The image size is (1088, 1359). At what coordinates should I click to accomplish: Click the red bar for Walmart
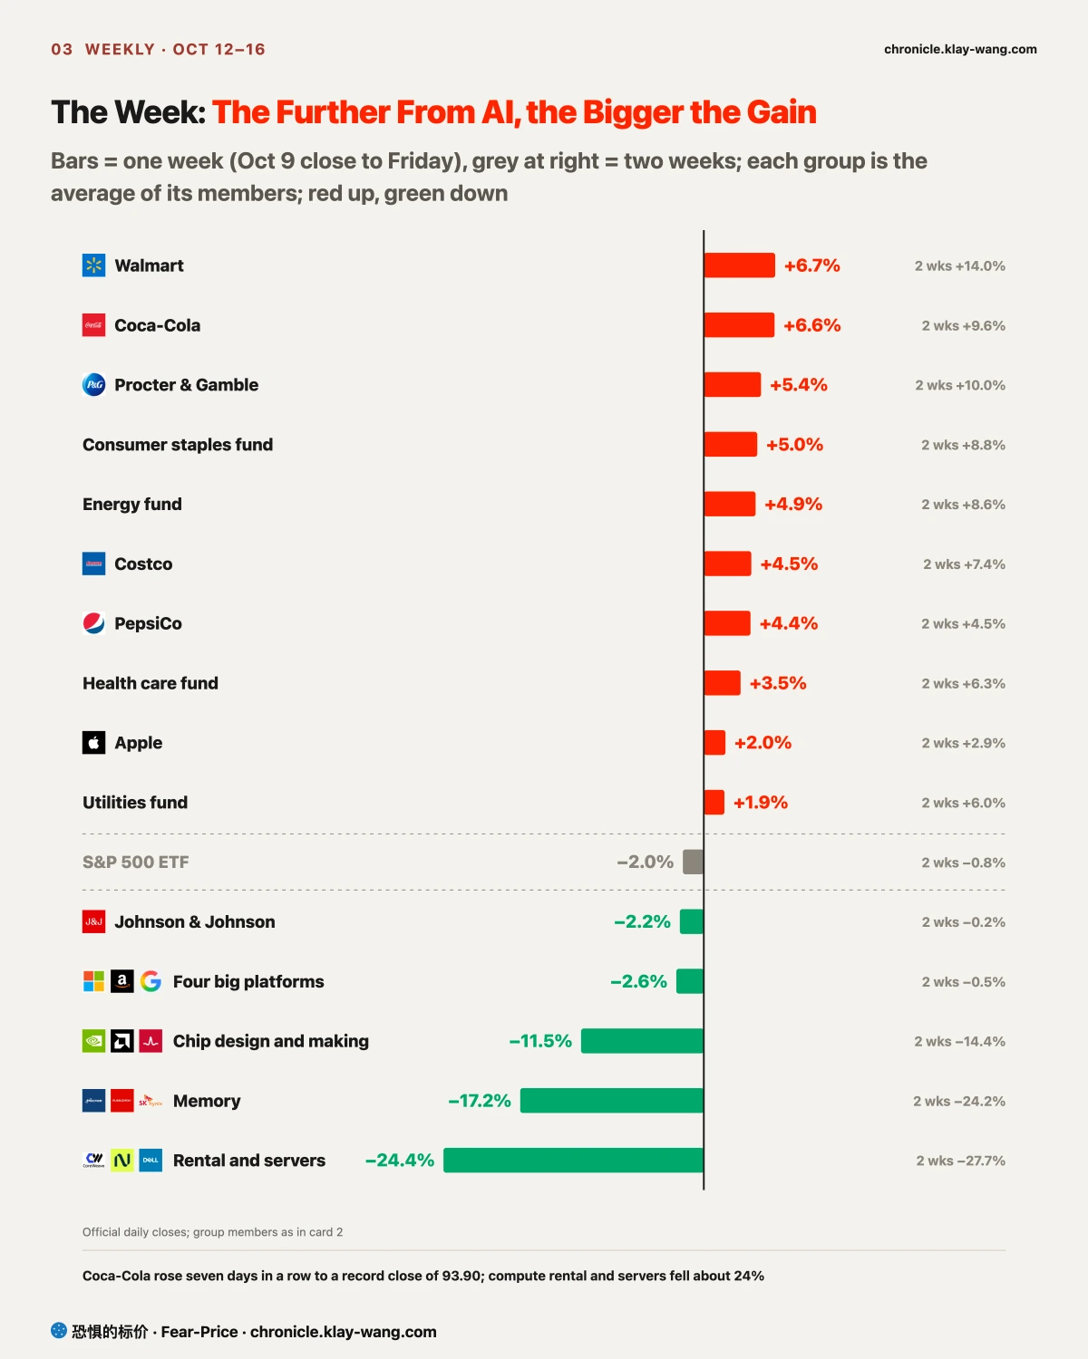(739, 265)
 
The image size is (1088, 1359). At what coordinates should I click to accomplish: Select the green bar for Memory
(611, 1100)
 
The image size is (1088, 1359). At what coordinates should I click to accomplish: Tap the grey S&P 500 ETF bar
(693, 862)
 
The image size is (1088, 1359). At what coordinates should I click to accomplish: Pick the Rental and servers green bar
(573, 1160)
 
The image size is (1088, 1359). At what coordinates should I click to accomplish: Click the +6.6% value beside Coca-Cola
(811, 325)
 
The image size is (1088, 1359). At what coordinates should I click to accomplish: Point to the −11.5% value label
(540, 1041)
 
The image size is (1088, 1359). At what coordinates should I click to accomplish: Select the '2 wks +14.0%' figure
(959, 265)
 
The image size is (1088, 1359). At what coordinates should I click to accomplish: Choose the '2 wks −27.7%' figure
(961, 1161)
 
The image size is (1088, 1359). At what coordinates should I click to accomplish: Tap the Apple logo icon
(93, 743)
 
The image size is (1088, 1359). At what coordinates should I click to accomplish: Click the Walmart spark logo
(93, 265)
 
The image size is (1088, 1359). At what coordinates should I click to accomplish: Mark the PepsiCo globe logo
(93, 623)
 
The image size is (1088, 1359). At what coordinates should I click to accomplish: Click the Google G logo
(151, 981)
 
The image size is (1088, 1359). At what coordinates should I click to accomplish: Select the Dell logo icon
(151, 1160)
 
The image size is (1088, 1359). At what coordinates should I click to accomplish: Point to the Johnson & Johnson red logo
(93, 921)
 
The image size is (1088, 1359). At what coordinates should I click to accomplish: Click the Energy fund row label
(132, 504)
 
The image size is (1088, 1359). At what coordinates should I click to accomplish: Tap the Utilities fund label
(135, 802)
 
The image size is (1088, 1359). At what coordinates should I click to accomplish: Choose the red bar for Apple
(714, 743)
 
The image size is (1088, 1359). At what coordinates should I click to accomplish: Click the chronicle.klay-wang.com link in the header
(960, 49)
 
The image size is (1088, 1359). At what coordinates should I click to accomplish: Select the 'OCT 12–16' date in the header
(219, 49)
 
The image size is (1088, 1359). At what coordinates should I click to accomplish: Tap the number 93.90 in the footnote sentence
(461, 1276)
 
